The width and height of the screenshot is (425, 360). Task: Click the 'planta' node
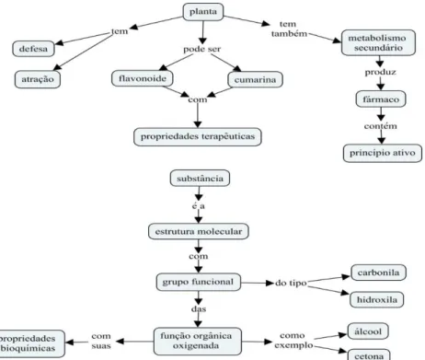[x=203, y=12]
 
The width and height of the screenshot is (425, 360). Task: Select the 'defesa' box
[x=33, y=49]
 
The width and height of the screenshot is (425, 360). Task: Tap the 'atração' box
[x=38, y=79]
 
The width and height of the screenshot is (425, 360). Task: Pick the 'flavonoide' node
[x=143, y=78]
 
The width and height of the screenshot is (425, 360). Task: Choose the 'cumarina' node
[x=255, y=80]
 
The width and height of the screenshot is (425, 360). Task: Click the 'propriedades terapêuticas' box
[x=198, y=136]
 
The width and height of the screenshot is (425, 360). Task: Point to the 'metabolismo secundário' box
[x=378, y=42]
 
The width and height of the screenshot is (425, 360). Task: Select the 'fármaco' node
[x=381, y=99]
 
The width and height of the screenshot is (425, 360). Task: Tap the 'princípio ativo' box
[x=383, y=153]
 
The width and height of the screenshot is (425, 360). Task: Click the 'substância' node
[x=200, y=179]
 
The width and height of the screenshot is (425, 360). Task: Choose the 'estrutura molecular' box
[x=199, y=231]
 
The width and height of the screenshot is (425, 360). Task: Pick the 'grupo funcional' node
[x=198, y=282]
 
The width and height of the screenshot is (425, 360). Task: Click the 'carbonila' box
[x=378, y=273]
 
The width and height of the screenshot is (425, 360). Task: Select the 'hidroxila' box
[x=377, y=299]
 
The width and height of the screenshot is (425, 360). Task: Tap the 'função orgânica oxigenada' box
[x=198, y=341]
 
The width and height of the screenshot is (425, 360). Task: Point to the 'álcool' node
[x=368, y=331]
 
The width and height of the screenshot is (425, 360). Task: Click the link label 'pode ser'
[x=201, y=49]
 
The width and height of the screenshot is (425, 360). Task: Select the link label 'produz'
[x=380, y=72]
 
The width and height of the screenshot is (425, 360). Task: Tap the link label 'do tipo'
[x=291, y=283]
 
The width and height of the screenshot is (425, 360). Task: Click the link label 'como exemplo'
[x=293, y=341]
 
